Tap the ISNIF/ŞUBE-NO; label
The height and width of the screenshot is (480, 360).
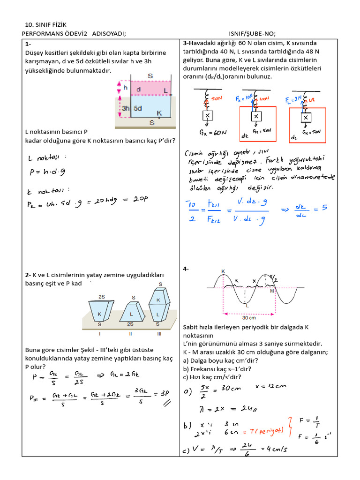[252, 33]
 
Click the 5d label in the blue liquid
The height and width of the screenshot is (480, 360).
[137, 108]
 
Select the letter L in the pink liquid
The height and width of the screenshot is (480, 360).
[165, 90]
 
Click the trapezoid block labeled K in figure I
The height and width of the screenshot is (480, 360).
[100, 313]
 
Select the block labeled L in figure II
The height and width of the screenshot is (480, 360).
[132, 314]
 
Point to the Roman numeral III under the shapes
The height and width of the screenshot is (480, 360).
[159, 333]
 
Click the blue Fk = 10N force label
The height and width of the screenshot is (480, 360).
[244, 98]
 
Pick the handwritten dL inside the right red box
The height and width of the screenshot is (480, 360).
[294, 137]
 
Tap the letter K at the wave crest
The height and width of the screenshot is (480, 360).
[222, 271]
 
